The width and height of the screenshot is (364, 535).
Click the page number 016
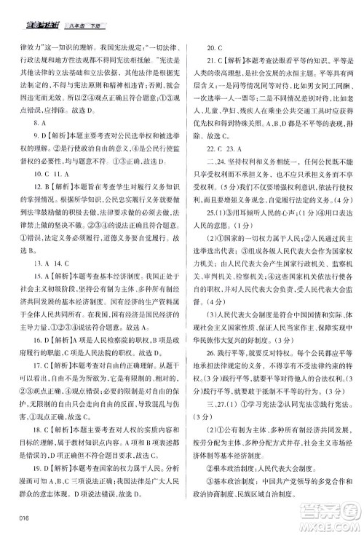22,518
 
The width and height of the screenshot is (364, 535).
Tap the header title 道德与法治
32,9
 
